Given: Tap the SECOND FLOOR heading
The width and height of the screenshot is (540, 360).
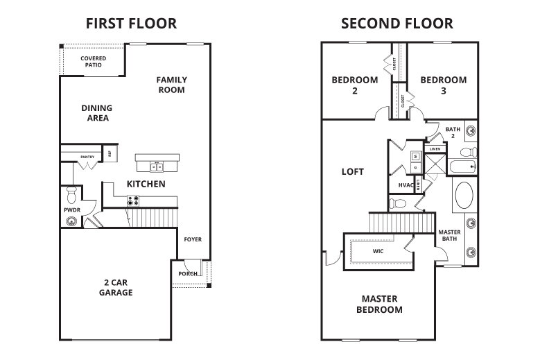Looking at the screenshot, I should [397, 24].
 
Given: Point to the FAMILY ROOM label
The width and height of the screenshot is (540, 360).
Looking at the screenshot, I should [171, 85].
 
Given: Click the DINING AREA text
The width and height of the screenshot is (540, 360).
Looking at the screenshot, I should [96, 112].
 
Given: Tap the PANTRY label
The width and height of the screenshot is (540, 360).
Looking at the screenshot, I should [87, 157].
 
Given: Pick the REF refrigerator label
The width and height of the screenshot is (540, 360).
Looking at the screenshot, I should [110, 154].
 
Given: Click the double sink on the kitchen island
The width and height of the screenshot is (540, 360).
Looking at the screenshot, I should [155, 166].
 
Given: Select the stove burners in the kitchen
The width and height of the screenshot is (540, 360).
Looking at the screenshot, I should [132, 201].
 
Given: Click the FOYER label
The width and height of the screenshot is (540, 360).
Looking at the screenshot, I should [192, 239].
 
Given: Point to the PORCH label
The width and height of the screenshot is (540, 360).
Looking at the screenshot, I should [186, 273].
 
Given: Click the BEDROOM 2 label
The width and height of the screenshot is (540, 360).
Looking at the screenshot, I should [354, 85].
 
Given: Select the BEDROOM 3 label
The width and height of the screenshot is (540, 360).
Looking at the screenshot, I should [443, 85].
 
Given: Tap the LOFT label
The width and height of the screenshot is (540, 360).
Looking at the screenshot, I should [353, 171].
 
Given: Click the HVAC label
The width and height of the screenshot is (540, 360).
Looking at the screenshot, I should [406, 185].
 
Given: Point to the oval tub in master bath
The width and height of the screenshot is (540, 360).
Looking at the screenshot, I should [464, 196].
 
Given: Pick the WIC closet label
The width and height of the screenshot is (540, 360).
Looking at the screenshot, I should [378, 251].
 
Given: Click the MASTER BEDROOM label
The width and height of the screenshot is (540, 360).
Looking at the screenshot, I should [379, 304].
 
